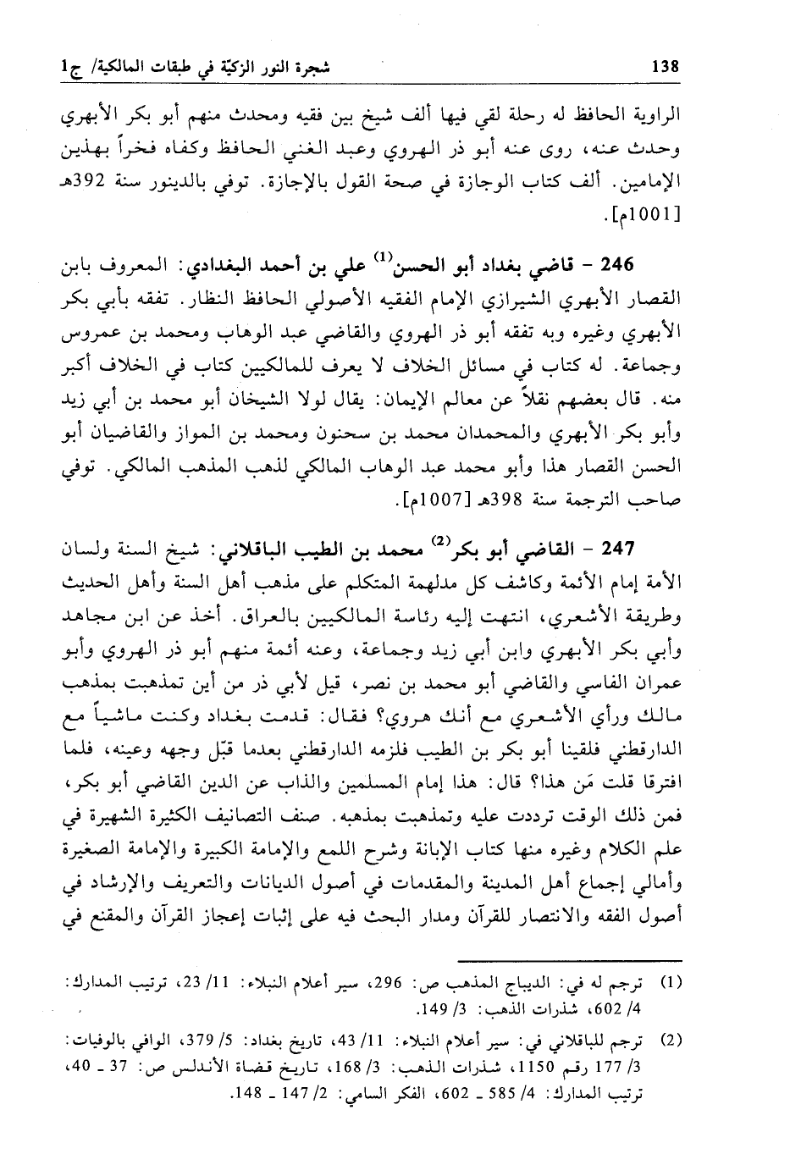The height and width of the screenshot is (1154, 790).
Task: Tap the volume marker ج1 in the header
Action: click(x=62, y=65)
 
